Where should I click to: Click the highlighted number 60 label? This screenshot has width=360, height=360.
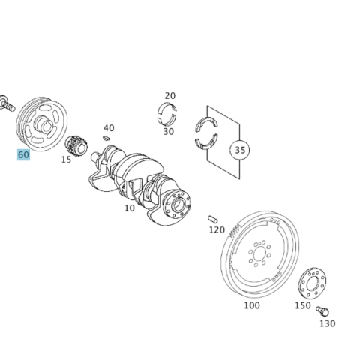pos(23,154)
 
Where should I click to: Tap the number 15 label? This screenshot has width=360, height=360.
pos(67,159)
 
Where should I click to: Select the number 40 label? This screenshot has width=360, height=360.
pos(109,128)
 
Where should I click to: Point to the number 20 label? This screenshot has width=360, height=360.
pos(170,95)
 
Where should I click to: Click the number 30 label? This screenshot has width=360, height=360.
pos(169,131)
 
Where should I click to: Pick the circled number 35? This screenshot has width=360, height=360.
pos(239,150)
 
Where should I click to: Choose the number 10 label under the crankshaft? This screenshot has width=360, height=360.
pos(130,208)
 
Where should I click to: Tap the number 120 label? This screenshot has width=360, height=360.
pos(217,229)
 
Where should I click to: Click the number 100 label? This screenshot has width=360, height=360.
pos(252,305)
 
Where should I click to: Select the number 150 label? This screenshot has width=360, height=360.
pos(303,305)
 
